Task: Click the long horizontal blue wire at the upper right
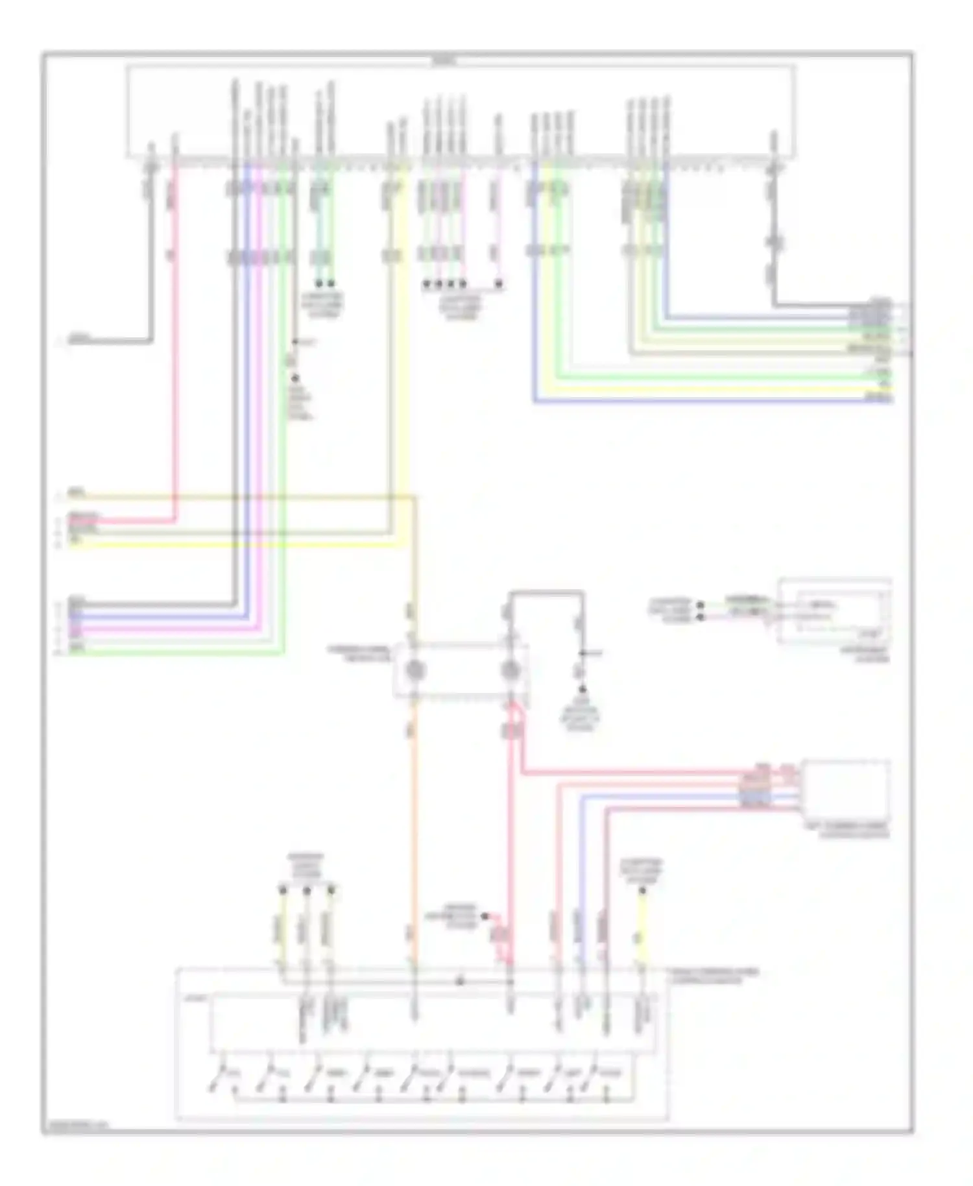[x=714, y=402]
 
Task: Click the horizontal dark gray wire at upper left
[x=110, y=341]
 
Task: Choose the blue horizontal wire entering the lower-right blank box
[x=688, y=795]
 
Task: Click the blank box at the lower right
[x=845, y=790]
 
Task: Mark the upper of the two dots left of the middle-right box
[x=700, y=605]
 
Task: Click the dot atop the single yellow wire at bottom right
[x=642, y=891]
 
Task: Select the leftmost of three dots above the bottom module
[x=282, y=888]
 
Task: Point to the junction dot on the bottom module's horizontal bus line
[x=460, y=982]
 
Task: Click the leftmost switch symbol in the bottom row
[x=219, y=1078]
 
